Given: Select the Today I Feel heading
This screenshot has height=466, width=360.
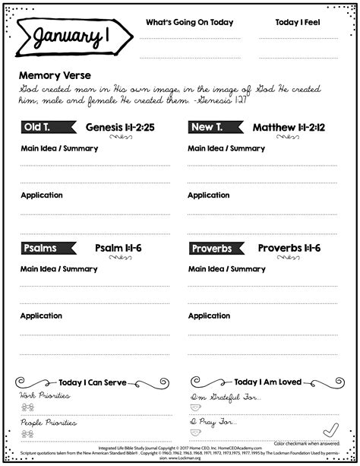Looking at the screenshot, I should tap(297, 22).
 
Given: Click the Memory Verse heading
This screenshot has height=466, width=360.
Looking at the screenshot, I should tap(55, 75).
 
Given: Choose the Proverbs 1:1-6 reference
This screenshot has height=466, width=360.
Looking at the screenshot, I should tap(289, 248).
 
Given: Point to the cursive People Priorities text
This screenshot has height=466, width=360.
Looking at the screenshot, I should tap(48, 421).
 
